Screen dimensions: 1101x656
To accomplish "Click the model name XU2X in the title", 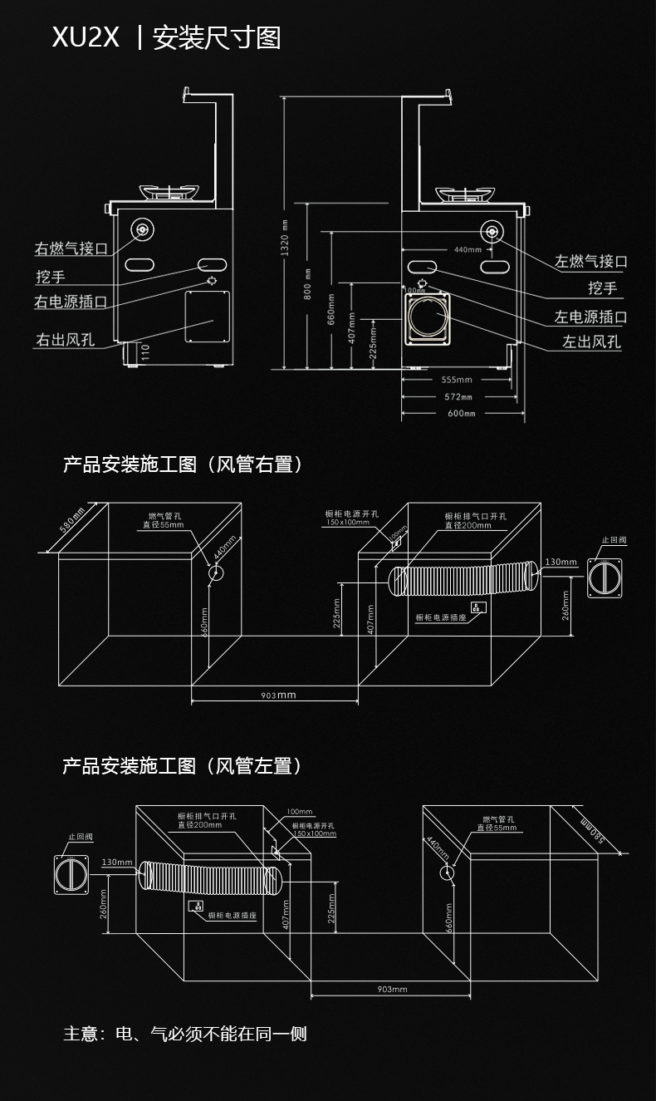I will [x=86, y=37].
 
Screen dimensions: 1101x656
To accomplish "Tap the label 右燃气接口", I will [x=71, y=248].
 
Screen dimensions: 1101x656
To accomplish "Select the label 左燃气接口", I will [x=590, y=261].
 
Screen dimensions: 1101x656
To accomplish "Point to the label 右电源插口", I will [x=71, y=302].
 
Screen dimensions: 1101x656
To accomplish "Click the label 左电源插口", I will [x=590, y=317].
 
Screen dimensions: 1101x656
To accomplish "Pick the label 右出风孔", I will [x=64, y=339].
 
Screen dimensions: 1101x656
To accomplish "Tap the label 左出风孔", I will [x=591, y=342].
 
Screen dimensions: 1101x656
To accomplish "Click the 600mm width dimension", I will [x=462, y=413].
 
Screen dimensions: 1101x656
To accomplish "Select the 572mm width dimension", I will [x=458, y=397].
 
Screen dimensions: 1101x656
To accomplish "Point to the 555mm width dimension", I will [x=458, y=381].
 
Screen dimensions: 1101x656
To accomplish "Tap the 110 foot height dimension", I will [x=144, y=351].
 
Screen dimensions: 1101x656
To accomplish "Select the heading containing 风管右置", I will [x=183, y=464].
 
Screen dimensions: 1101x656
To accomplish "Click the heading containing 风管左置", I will [x=183, y=765].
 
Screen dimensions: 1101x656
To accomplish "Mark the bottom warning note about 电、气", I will [x=185, y=1034].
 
